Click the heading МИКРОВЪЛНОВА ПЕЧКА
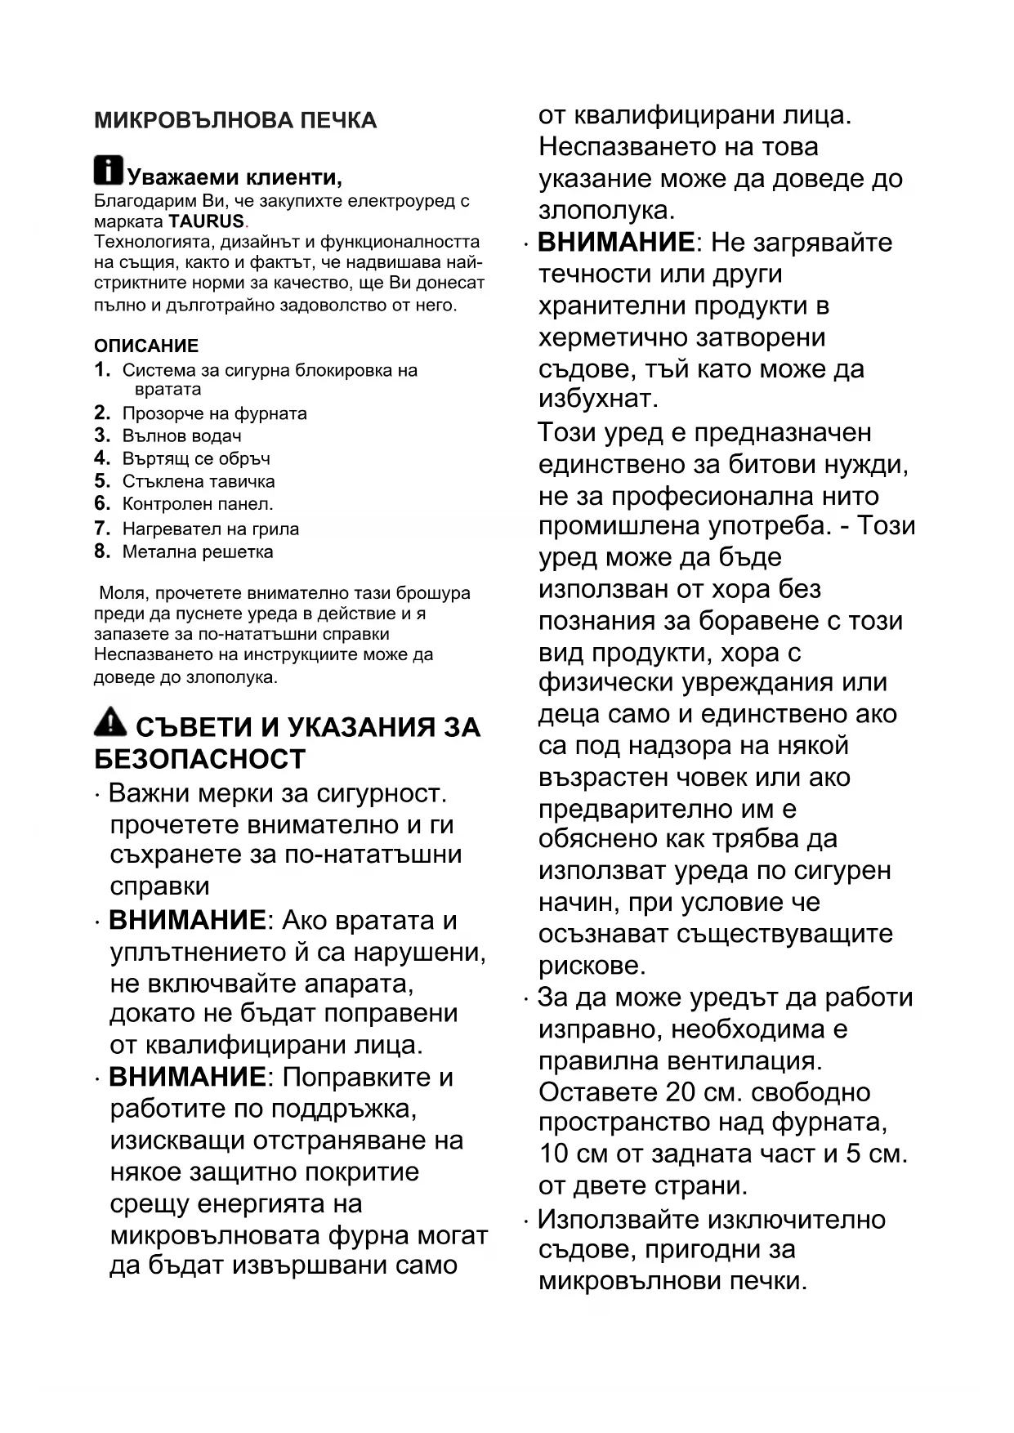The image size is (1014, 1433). [x=235, y=121]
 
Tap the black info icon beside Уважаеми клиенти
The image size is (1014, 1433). [x=108, y=170]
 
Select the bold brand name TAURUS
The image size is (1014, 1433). [x=206, y=221]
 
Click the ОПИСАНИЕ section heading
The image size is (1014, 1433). [x=146, y=346]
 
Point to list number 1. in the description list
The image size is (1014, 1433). [x=102, y=370]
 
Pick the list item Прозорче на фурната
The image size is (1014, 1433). [x=214, y=413]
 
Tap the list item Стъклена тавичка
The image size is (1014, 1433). [x=198, y=481]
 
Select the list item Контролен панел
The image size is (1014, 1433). [x=198, y=504]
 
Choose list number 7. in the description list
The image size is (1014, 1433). [x=102, y=529]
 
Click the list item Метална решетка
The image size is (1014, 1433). [x=198, y=551]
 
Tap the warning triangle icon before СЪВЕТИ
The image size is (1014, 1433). [x=110, y=722]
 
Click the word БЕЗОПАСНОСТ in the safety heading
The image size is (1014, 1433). [x=200, y=759]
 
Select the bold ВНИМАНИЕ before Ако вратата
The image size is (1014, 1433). [x=187, y=921]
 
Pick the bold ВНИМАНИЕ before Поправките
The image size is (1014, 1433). [x=187, y=1078]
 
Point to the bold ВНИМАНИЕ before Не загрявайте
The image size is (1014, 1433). [x=616, y=243]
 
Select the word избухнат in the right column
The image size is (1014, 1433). [x=598, y=400]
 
